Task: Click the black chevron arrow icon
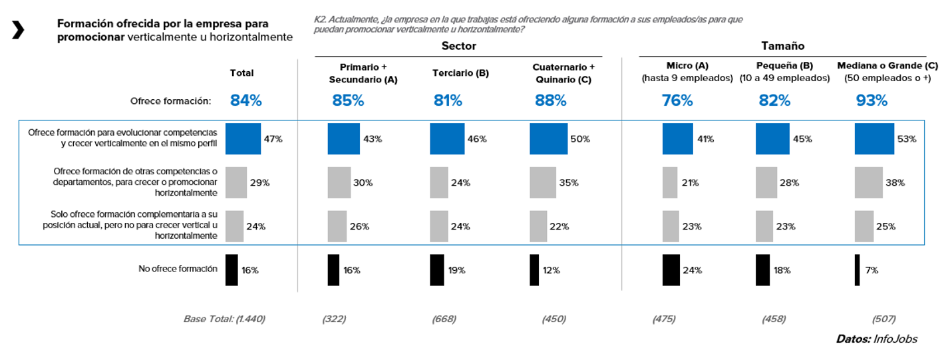pos(18,30)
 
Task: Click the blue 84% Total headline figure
pos(245,100)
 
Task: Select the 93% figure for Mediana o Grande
pos(872,100)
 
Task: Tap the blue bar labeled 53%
pos(874,139)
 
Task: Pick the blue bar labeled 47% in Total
pos(243,139)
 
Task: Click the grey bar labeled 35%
pos(542,182)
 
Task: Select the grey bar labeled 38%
pos(868,182)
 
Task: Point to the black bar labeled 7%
pos(857,270)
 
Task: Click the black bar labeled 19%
pos(436,270)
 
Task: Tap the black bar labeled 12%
pos(534,270)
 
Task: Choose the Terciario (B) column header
pos(460,73)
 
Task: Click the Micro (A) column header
pos(687,66)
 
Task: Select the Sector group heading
pos(458,46)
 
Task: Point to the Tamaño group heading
pos(782,46)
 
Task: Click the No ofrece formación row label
pos(178,269)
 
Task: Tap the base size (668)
pos(444,319)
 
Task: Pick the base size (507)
pos(883,319)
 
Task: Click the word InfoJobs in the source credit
pos(895,339)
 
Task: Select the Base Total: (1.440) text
pos(224,319)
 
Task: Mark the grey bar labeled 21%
pos(670,182)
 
